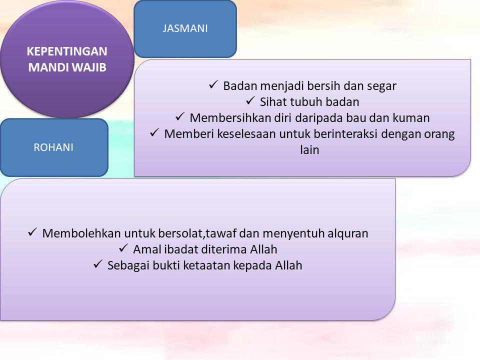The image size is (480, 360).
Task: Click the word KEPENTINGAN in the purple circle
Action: coord(67,51)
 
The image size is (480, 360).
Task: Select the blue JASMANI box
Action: coord(185,29)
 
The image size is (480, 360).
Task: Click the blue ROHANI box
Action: coord(54,147)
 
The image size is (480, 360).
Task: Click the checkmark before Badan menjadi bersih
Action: coord(213,84)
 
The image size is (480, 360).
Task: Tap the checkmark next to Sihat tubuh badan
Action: coord(250,100)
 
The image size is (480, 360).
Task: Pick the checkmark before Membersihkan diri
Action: coord(179,116)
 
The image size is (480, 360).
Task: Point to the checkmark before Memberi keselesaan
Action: coord(154,132)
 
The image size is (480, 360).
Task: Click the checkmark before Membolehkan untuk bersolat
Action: coord(32,232)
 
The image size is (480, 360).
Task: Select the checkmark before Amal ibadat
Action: coord(123,248)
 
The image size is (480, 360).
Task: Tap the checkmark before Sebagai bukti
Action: coord(97,264)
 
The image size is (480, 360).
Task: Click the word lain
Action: coord(309,149)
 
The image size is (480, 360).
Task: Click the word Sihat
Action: coord(273,102)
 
